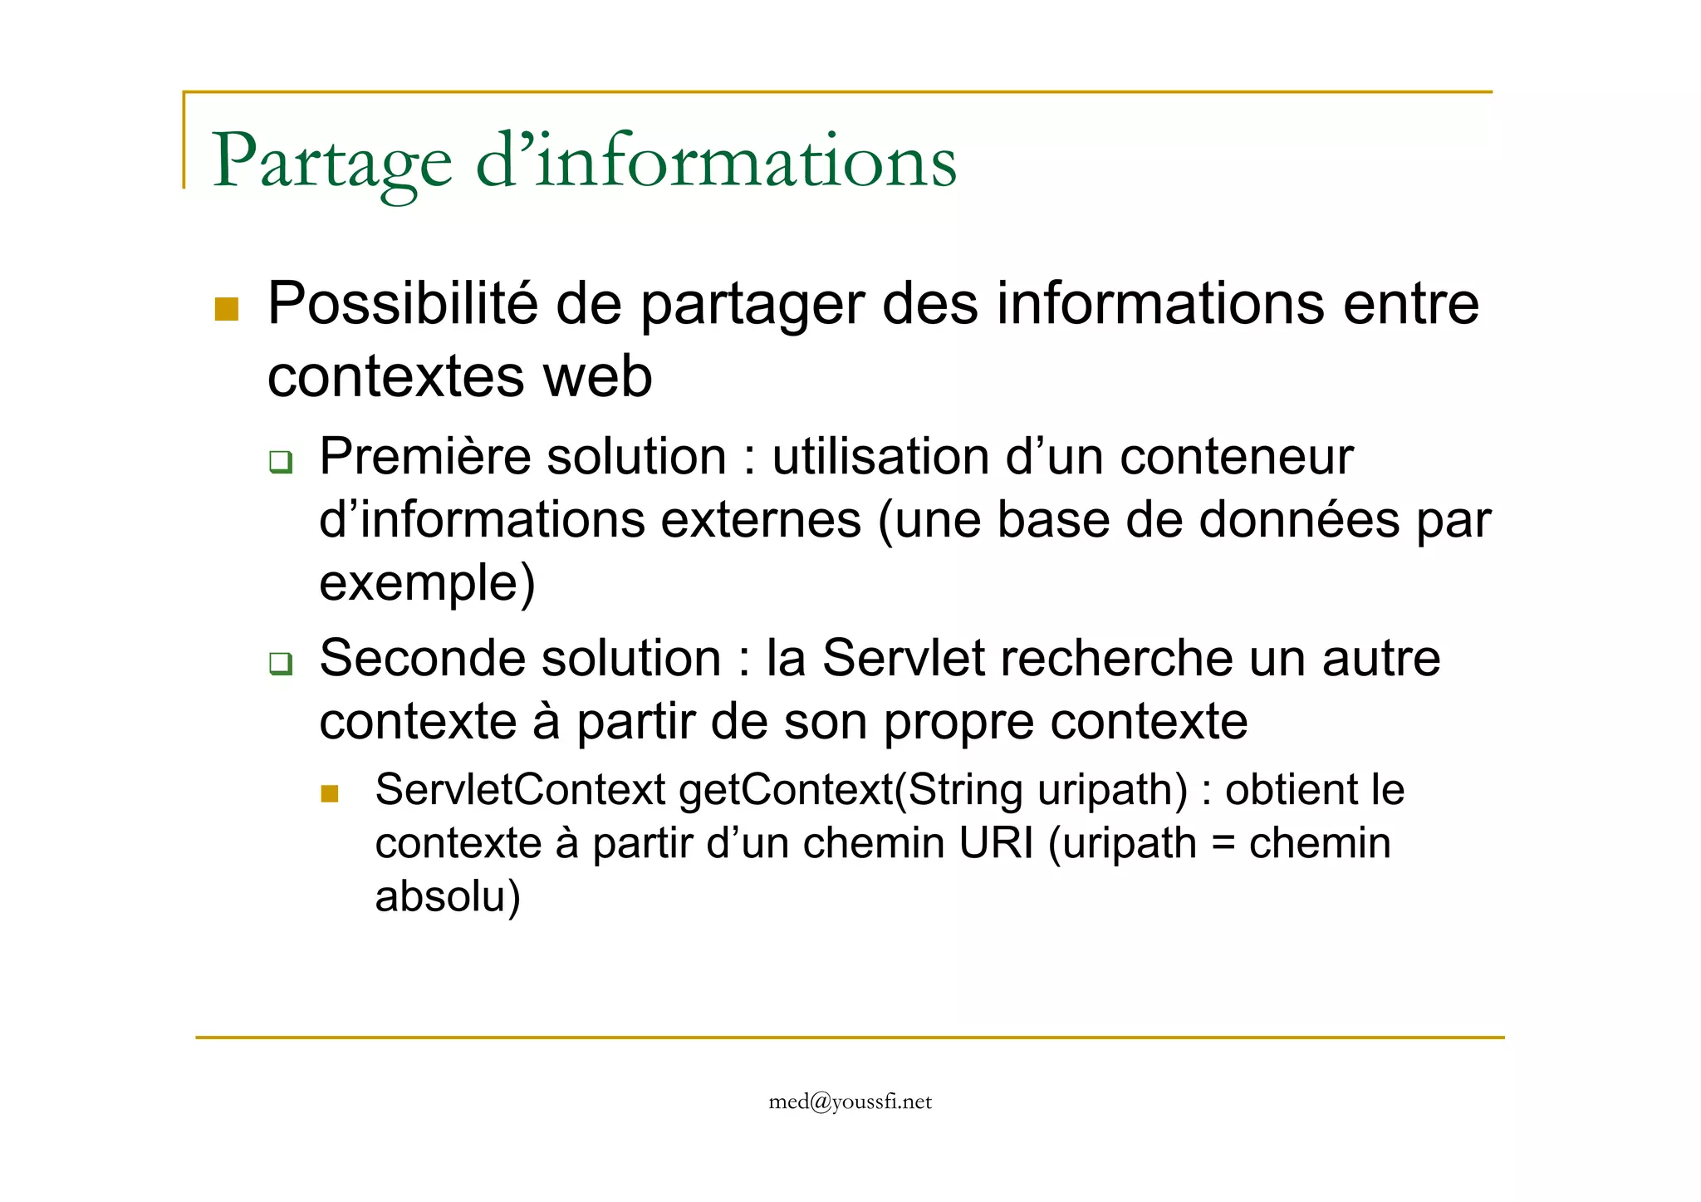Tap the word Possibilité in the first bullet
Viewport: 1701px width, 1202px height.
[x=402, y=304]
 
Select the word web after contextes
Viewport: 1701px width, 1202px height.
[x=597, y=376]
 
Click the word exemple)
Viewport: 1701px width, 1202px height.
[x=427, y=583]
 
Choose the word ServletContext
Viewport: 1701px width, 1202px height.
[x=520, y=790]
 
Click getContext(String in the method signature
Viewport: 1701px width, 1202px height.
[x=850, y=790]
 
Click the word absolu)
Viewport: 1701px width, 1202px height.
[x=448, y=897]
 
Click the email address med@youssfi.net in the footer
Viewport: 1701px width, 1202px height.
[x=850, y=1102]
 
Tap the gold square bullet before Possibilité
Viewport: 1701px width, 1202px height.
[x=227, y=310]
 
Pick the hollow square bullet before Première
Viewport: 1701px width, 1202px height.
[x=281, y=462]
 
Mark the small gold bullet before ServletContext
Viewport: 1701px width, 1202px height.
[x=330, y=794]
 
